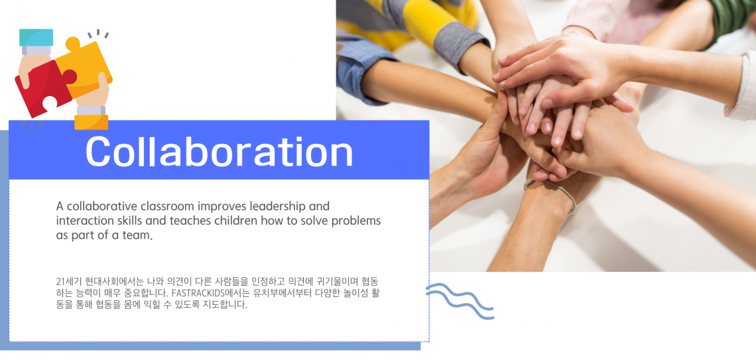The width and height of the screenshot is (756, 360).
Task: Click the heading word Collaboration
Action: (x=220, y=151)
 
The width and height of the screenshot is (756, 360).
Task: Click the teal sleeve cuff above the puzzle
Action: (x=36, y=37)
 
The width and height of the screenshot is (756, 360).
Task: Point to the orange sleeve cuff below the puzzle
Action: (x=91, y=123)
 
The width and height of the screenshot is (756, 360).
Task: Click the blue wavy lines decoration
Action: (x=460, y=301)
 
